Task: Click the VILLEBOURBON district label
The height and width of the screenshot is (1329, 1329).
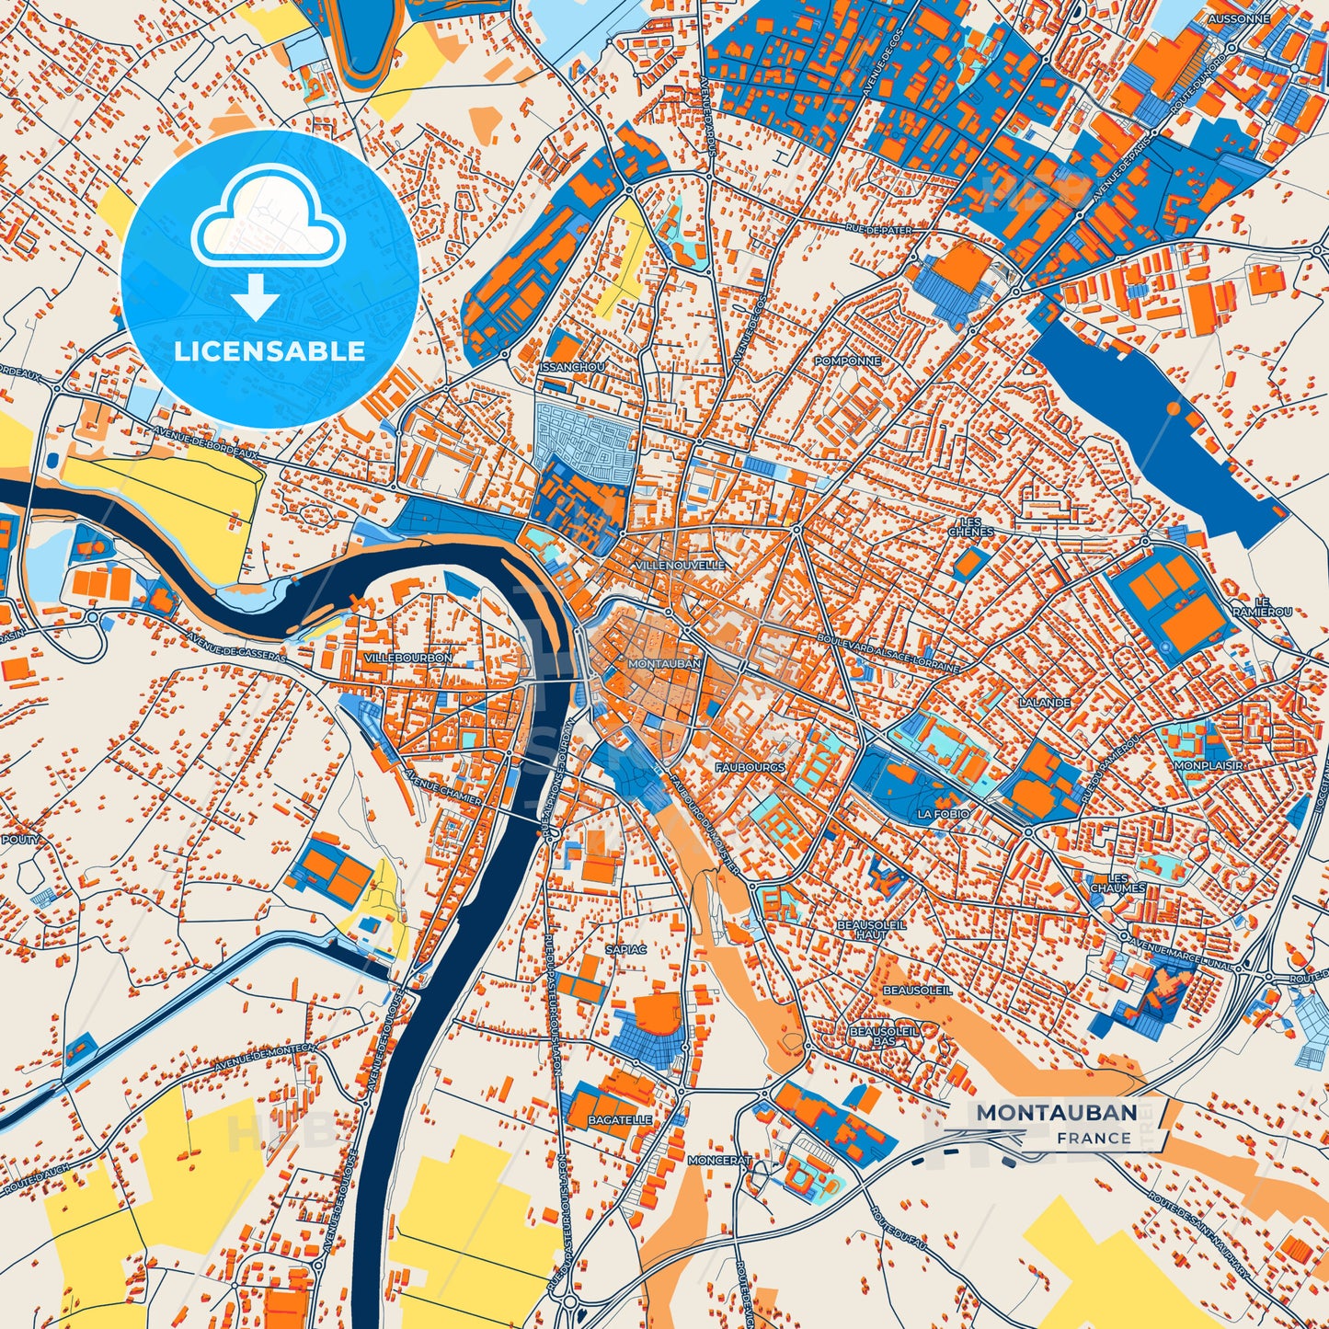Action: coord(407,659)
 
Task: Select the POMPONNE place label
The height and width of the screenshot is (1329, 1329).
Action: coord(847,361)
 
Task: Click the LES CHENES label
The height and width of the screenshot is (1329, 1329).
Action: coord(970,526)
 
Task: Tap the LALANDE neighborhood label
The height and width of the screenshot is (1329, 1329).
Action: coord(1044,702)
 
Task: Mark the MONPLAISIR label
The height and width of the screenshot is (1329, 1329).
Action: coord(1208,765)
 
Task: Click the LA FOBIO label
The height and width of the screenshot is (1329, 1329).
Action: coord(943,814)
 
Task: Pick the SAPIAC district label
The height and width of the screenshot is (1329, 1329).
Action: coord(626,948)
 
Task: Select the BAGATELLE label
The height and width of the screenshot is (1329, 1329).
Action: coord(620,1120)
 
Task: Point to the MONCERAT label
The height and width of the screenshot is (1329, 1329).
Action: coord(719,1161)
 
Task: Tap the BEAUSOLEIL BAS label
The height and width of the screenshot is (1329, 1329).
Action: coord(883,1037)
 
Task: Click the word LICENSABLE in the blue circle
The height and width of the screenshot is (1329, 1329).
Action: coord(269,350)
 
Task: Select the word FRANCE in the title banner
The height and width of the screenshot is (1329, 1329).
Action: coord(1094,1138)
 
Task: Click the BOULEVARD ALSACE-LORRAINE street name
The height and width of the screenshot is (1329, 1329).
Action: coord(887,650)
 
